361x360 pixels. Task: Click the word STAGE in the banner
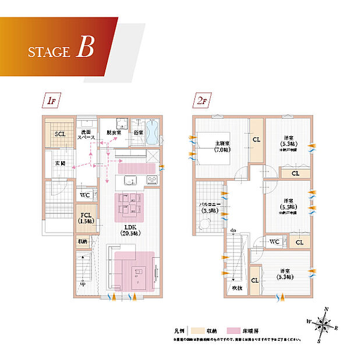(48, 52)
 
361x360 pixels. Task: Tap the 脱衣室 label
(114, 133)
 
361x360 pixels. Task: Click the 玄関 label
(59, 163)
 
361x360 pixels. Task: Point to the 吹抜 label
(235, 288)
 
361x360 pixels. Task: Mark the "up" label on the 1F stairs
(83, 284)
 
